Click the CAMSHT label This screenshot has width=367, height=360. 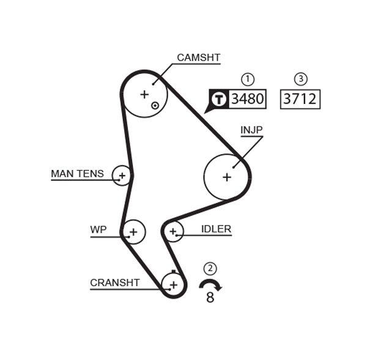[x=198, y=58]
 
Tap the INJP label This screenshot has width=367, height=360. [x=251, y=130]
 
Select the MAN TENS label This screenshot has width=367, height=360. [x=77, y=174]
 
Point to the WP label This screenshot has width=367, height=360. [x=98, y=230]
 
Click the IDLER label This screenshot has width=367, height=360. [x=216, y=229]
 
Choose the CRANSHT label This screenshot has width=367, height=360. [x=115, y=283]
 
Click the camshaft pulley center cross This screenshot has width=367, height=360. [x=144, y=94]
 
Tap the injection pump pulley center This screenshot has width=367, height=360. [x=227, y=177]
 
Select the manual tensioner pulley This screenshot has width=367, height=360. [x=122, y=177]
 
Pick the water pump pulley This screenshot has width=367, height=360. [x=133, y=232]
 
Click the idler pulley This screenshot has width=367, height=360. [x=174, y=232]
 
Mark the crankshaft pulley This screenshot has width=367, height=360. [x=174, y=284]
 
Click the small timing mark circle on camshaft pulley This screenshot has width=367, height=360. [x=155, y=105]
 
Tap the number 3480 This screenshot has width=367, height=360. [x=247, y=98]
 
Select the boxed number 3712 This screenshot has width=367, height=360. [x=300, y=98]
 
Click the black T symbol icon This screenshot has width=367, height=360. [x=219, y=99]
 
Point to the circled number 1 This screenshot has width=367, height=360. [x=247, y=79]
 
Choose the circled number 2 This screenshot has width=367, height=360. [x=210, y=268]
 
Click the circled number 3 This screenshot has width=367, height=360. [x=300, y=79]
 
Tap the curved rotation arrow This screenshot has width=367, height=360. [x=211, y=284]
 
